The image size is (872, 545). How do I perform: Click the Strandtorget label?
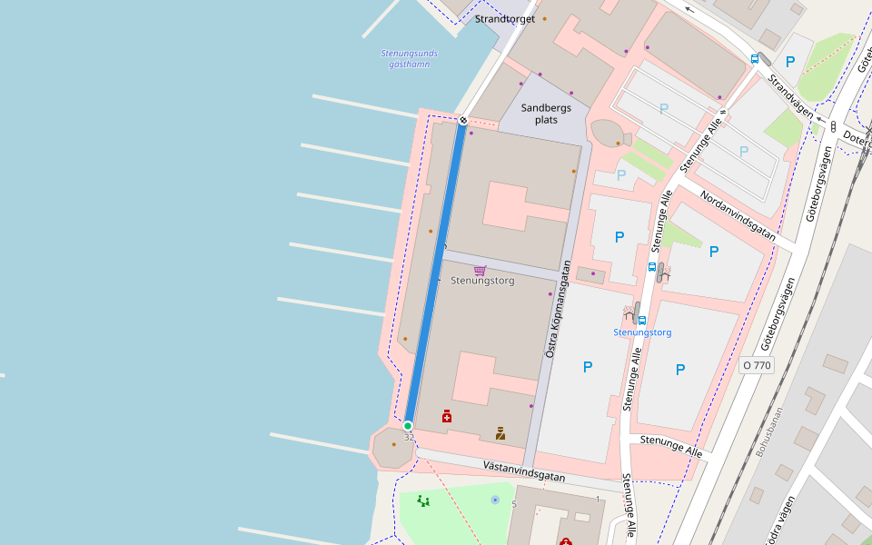[x=504, y=19]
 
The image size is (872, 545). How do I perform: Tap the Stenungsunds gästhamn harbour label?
[x=409, y=59]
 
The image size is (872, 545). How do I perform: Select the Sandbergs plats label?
[x=546, y=114]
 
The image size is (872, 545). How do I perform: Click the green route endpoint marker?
[x=408, y=426]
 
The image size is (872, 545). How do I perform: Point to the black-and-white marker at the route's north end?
[x=463, y=120]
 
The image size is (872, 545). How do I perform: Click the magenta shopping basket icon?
[x=480, y=270]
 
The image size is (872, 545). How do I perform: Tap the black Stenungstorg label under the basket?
[x=482, y=282]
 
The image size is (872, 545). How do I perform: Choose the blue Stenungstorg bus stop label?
[x=642, y=332]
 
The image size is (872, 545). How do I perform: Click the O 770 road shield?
[x=756, y=365]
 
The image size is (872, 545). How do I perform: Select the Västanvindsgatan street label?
[x=524, y=471]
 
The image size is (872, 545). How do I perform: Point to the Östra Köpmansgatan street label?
[x=557, y=309]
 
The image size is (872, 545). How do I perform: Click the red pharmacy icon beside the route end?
[x=447, y=416]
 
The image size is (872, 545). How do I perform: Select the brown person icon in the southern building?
[x=500, y=433]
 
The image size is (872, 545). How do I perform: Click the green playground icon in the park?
[x=422, y=500]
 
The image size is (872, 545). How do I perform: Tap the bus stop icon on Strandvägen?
[x=755, y=58]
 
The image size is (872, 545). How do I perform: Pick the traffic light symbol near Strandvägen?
[x=833, y=125]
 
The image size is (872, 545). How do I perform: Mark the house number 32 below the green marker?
[x=409, y=438]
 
